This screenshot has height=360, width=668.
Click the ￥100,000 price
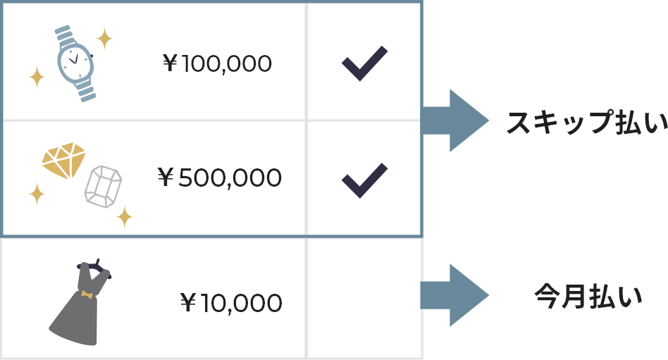217,64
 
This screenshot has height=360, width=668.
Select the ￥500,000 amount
219,178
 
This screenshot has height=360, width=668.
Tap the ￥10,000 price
231,303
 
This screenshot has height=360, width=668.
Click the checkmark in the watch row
364,63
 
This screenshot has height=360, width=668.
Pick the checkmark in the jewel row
364,180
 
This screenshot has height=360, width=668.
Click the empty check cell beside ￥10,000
364,299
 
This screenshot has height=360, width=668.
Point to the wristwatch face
75,62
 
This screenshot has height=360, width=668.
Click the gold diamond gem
63,160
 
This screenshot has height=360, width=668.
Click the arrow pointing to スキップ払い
454,120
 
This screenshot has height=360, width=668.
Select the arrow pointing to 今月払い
454,295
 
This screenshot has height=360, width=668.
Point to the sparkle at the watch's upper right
104,38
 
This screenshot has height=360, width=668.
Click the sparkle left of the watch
37,77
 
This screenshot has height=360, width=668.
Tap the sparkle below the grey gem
125,216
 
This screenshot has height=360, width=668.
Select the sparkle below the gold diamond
37,193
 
